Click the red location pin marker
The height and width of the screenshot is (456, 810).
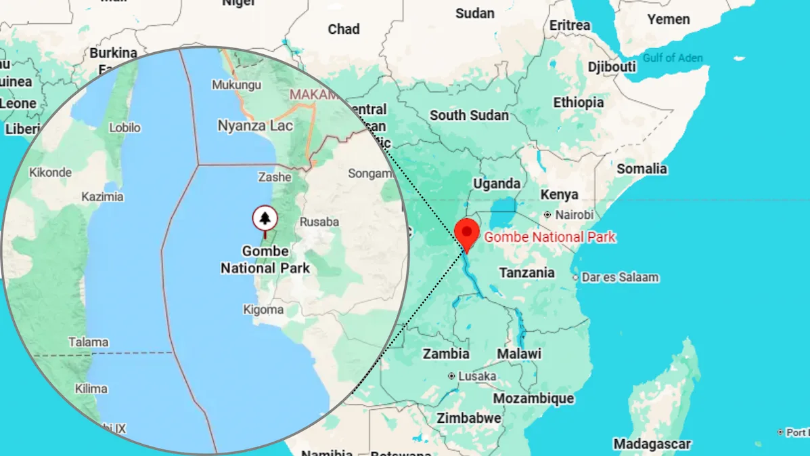467,232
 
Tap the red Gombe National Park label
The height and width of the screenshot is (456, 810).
550,237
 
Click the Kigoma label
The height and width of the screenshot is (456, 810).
263,310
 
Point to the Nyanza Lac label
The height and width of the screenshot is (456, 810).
255,125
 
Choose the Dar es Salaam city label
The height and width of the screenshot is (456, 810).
620,277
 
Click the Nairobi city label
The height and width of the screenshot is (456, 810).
574,215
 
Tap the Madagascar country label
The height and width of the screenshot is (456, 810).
652,444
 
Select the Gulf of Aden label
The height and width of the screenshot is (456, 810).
673,58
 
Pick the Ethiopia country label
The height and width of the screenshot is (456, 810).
578,103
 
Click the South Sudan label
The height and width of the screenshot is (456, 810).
469,115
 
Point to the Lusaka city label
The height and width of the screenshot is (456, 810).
477,376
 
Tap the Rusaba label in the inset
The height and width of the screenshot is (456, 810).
319,222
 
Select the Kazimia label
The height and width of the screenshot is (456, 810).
102,197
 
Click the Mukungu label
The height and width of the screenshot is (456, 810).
236,85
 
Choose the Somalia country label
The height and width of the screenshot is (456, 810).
641,169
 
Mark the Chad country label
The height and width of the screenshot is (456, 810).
344,29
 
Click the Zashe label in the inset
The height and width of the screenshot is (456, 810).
275,177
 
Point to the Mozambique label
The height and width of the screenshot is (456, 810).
533,398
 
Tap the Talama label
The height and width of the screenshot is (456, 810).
88,342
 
